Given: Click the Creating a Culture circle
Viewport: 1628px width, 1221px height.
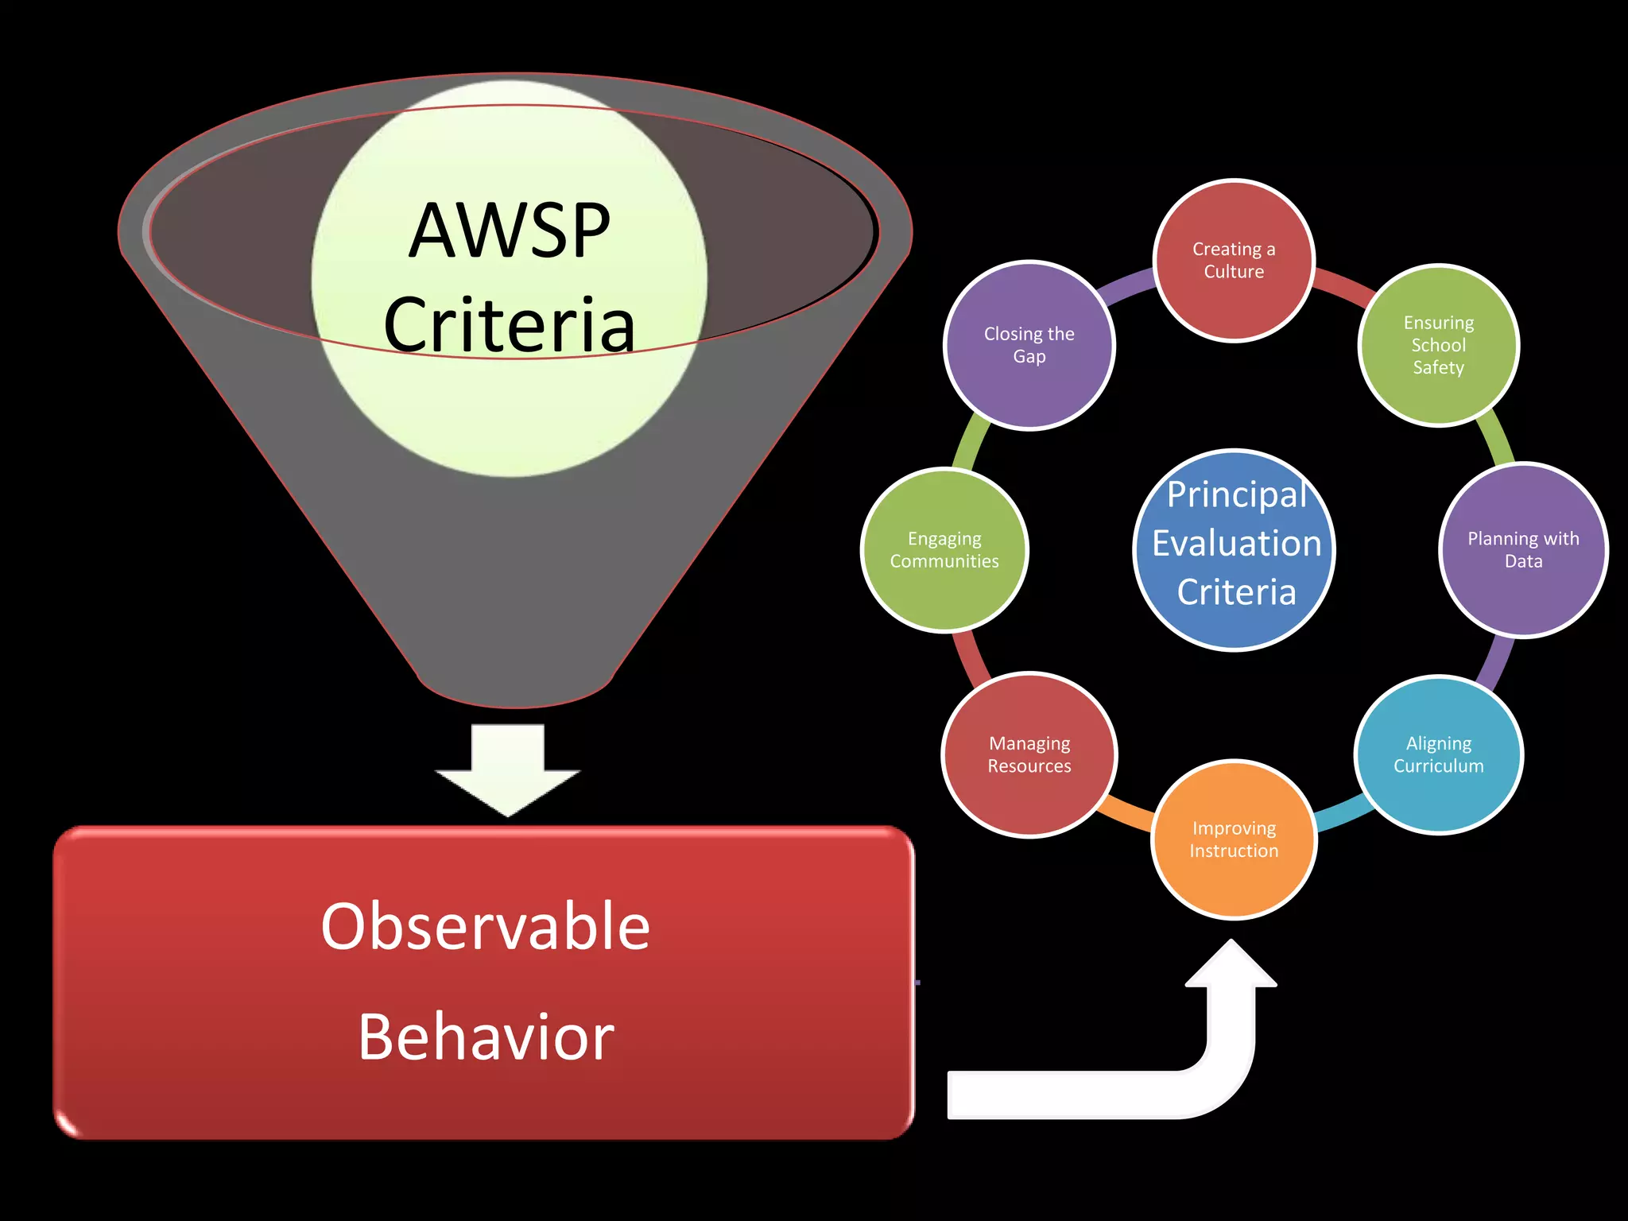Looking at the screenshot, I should point(1234,261).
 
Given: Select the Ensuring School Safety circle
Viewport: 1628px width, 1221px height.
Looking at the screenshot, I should point(1439,345).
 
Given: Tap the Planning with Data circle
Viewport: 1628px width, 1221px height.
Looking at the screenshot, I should point(1523,550).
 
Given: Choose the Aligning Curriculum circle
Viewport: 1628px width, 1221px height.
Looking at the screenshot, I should point(1439,754).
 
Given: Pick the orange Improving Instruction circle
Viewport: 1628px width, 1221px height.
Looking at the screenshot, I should point(1234,839).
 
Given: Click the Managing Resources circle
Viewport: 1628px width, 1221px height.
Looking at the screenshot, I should point(1029,754).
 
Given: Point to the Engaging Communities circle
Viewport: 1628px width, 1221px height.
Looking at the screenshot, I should point(944,550).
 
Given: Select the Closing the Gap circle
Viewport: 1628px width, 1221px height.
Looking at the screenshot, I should point(1029,345).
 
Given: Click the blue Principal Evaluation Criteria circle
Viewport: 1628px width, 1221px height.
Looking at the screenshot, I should point(1234,550).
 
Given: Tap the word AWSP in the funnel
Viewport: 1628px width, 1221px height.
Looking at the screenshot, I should point(509,231).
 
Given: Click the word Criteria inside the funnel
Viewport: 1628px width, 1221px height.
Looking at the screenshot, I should point(509,325).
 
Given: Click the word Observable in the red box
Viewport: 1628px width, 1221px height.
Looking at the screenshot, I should point(485,927).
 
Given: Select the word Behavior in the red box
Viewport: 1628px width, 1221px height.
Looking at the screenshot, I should point(485,1037).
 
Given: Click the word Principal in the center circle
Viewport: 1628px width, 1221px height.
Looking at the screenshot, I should point(1236,494).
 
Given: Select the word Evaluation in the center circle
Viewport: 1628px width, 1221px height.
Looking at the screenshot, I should point(1236,544).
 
